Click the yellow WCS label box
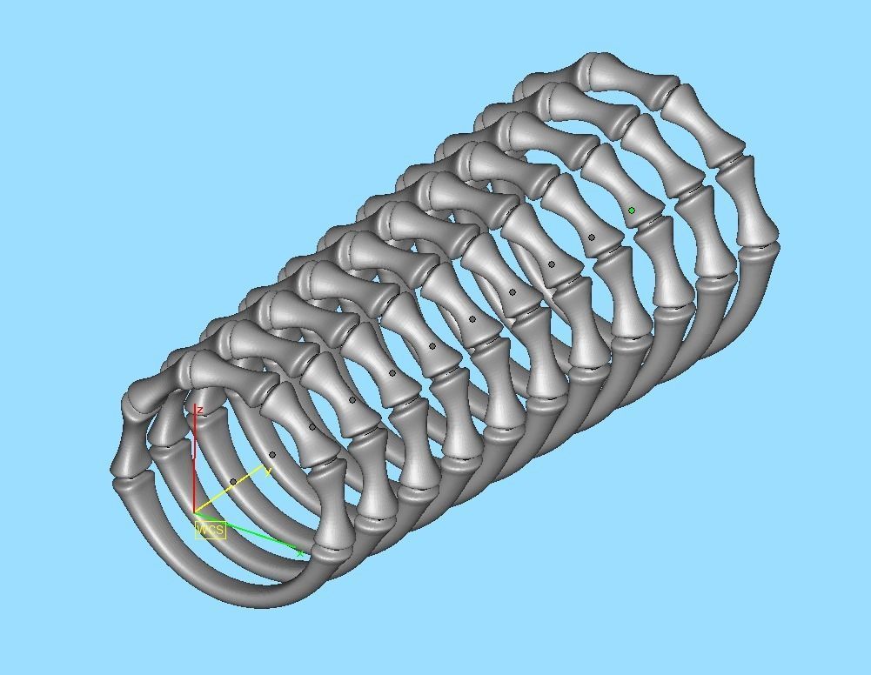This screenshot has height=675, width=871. point(211,529)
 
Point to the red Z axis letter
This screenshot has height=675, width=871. point(200,410)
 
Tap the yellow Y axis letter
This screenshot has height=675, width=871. point(268,471)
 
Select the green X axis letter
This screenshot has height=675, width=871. point(300,553)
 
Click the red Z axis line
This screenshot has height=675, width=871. point(194,461)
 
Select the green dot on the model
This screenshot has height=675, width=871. point(632,211)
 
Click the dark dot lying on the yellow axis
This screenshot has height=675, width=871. point(233,482)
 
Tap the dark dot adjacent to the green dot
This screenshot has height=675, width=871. point(592,237)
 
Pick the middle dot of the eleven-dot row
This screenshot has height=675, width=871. point(432,347)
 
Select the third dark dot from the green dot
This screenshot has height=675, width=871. point(513,292)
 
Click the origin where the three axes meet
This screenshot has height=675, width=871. point(194,512)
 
